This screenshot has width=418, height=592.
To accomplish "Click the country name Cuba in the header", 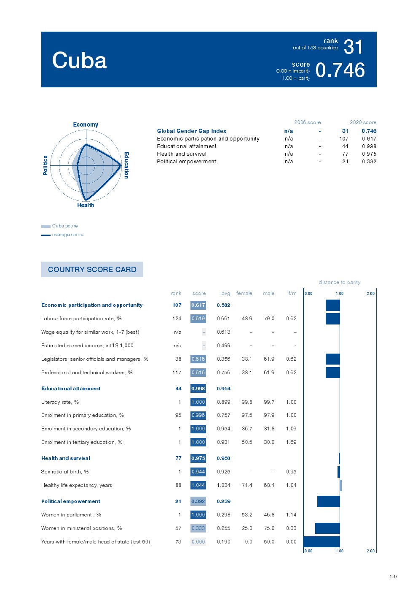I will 79,60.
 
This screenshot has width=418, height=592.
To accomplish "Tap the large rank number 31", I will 353,47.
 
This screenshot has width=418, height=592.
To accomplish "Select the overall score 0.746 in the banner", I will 340,70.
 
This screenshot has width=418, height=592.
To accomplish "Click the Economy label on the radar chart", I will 86,124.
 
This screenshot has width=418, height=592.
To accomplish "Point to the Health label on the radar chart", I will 86,205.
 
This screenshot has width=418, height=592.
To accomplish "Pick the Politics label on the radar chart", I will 46,165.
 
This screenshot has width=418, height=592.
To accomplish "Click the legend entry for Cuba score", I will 64,226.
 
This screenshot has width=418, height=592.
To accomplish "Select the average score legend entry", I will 67,235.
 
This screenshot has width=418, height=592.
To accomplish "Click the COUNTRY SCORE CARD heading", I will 92,270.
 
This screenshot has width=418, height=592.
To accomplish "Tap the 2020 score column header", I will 363,122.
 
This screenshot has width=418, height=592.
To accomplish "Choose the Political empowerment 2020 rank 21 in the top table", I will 345,162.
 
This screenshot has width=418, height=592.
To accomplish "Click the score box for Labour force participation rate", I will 198,319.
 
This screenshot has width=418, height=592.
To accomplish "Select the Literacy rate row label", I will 60,402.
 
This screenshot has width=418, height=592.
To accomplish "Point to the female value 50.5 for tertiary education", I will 247,442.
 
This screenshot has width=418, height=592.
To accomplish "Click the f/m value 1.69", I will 291,442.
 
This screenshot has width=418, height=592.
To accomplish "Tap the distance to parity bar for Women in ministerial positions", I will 327,528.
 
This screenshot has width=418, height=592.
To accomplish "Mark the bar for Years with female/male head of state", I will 322,542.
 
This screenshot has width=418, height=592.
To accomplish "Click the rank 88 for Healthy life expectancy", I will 178,485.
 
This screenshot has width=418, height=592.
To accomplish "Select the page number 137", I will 394,576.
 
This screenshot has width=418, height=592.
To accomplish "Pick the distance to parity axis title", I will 340,282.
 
